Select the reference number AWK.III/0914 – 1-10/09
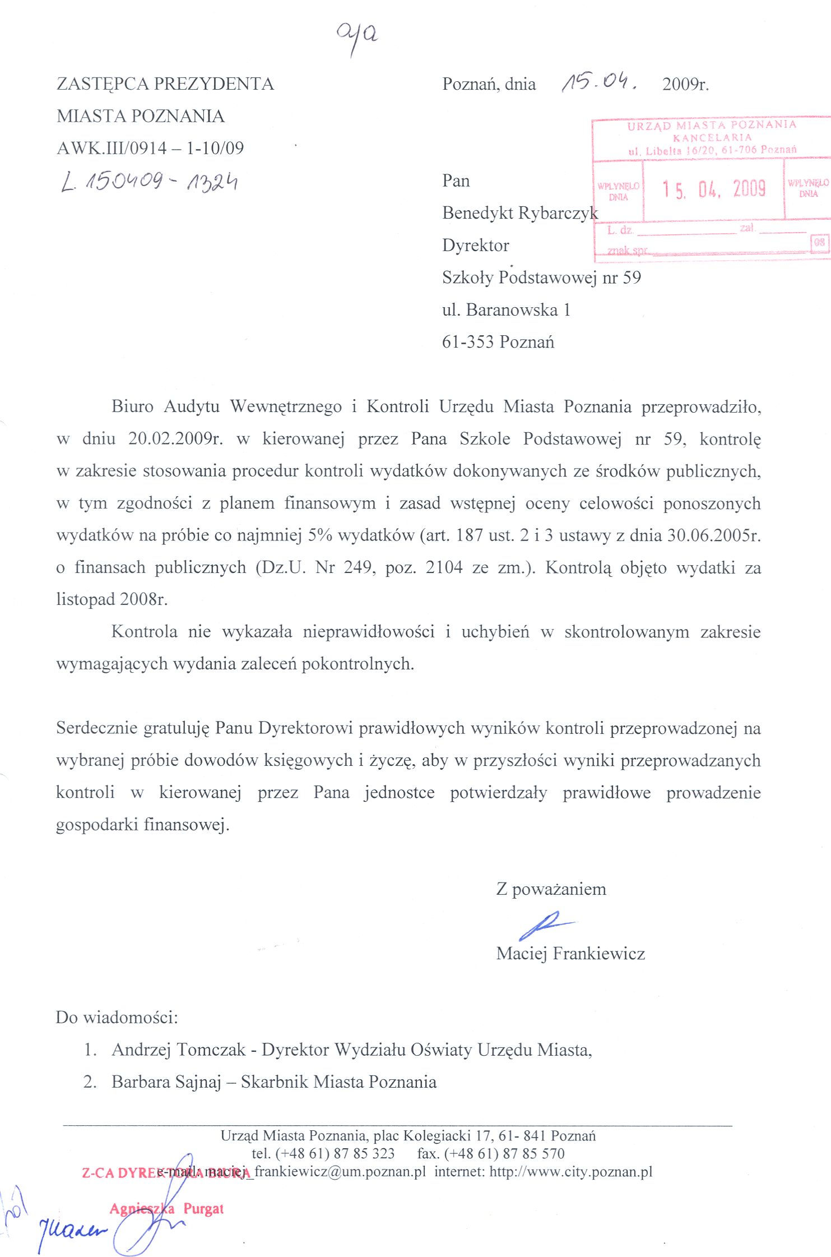pyautogui.click(x=150, y=148)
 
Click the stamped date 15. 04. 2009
pyautogui.click(x=714, y=189)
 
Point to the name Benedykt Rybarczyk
pyautogui.click(x=519, y=213)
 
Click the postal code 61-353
pyautogui.click(x=468, y=342)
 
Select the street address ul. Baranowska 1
pyautogui.click(x=506, y=310)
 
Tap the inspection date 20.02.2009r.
pyautogui.click(x=175, y=438)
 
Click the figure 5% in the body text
pyautogui.click(x=320, y=535)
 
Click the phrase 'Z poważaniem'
pyautogui.click(x=551, y=889)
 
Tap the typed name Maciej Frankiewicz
pyautogui.click(x=570, y=954)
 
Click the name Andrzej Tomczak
pyautogui.click(x=179, y=1050)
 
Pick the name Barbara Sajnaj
pyautogui.click(x=166, y=1082)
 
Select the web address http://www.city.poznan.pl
pyautogui.click(x=571, y=1172)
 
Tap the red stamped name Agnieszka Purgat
pyautogui.click(x=166, y=1209)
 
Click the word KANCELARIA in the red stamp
pyautogui.click(x=712, y=137)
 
